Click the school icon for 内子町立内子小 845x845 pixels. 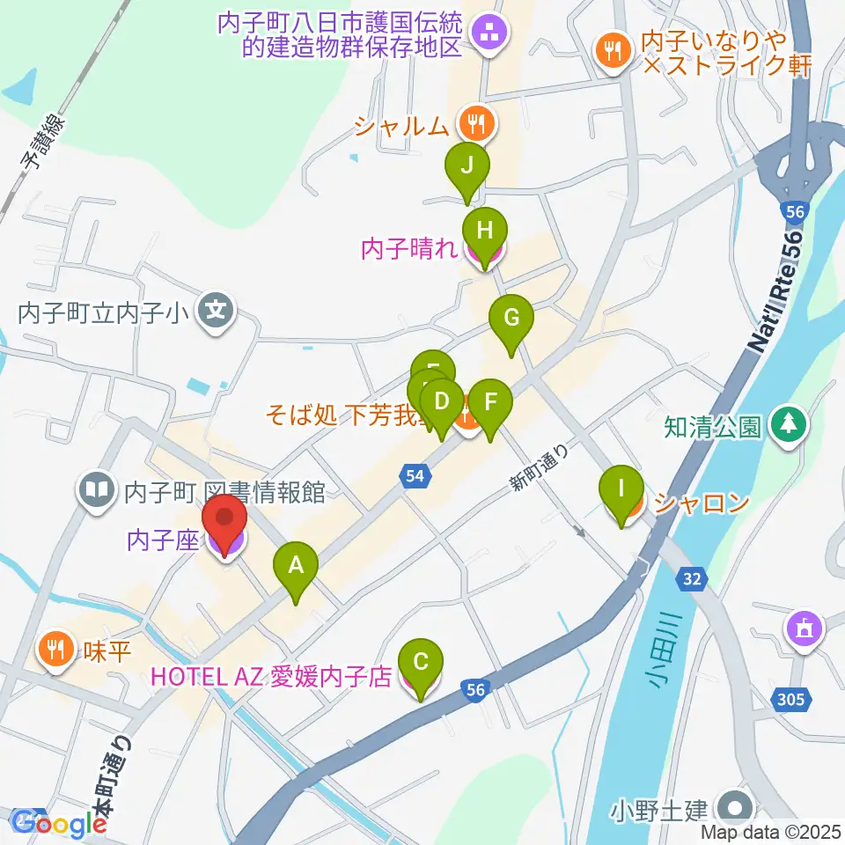click(x=214, y=311)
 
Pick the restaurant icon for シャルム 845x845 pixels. click(x=477, y=124)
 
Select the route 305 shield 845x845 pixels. click(x=790, y=700)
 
